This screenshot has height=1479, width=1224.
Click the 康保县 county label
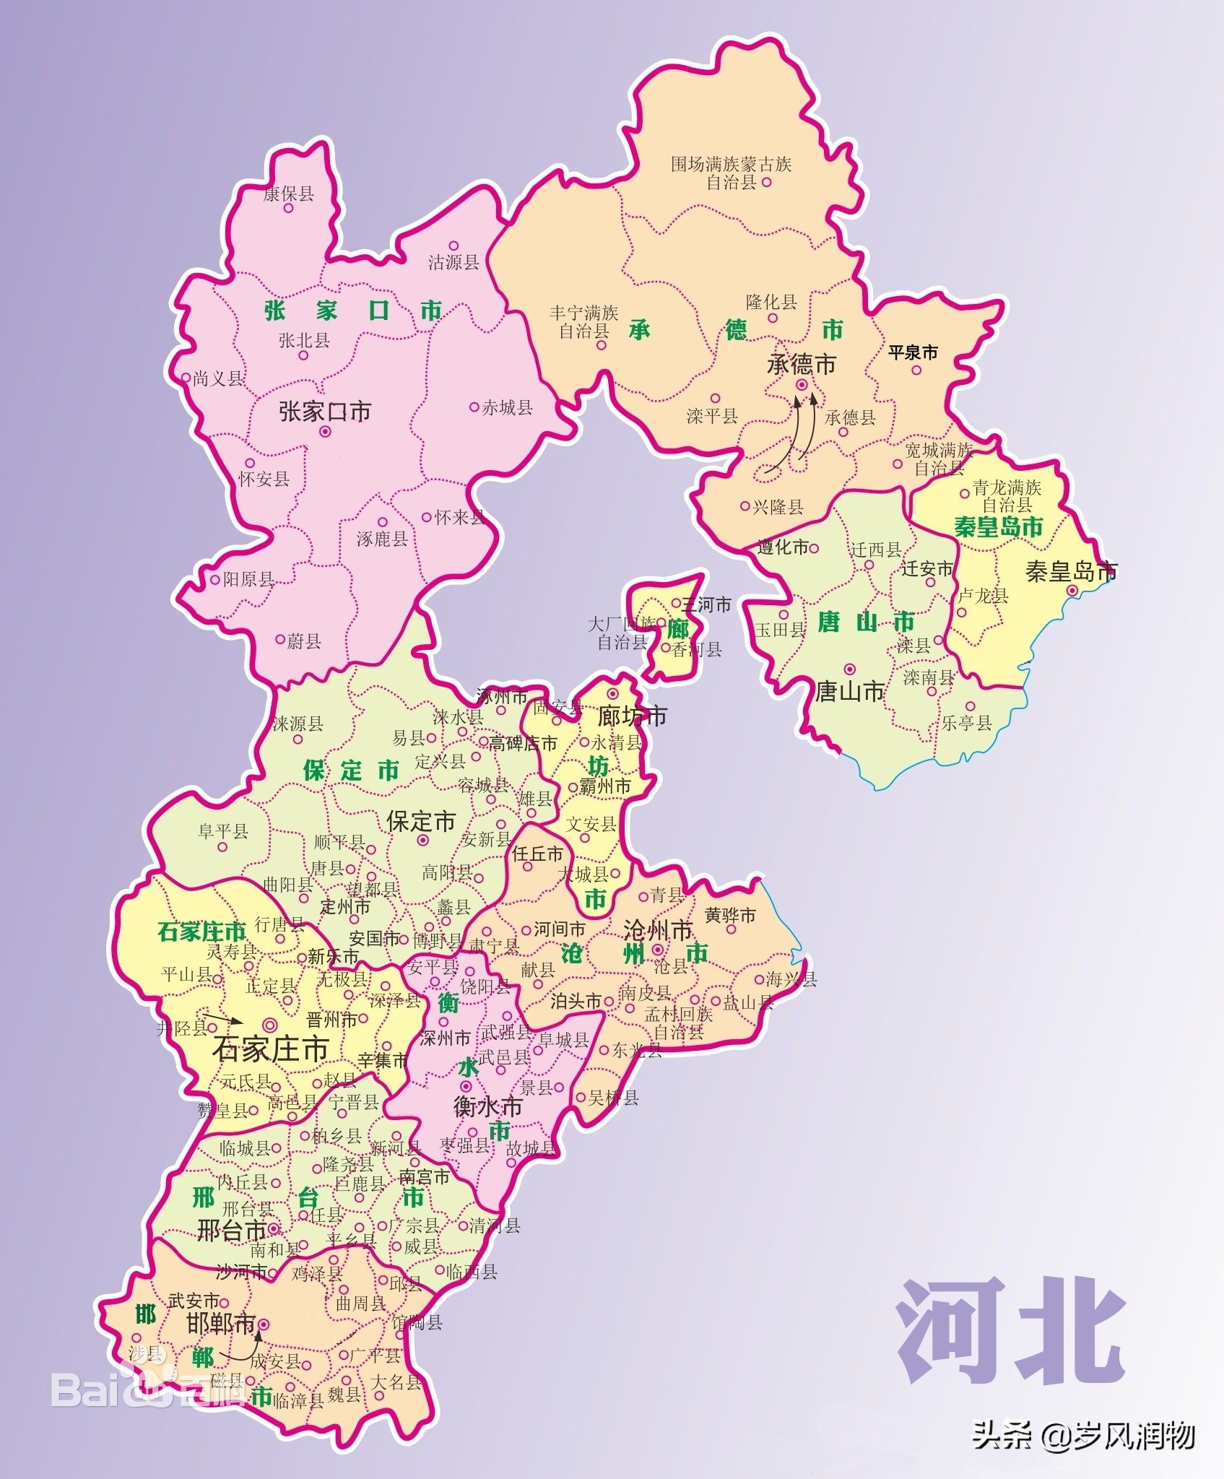(x=288, y=194)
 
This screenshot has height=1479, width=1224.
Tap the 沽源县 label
(x=453, y=262)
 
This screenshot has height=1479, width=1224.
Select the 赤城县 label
(x=507, y=408)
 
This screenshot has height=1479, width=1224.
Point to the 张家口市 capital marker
(x=325, y=432)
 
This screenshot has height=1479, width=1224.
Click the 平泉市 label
(x=913, y=352)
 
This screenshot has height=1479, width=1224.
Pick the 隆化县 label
(x=771, y=302)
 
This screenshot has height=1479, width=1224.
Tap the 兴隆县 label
(x=778, y=507)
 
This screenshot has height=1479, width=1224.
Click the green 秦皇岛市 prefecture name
(x=999, y=527)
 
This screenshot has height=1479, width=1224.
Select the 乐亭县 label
(x=966, y=722)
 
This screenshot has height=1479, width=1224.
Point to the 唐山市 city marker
(x=850, y=669)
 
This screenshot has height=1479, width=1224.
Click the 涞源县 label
(x=298, y=723)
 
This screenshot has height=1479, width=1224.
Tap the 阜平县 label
(x=223, y=831)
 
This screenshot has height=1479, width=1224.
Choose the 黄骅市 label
(x=730, y=915)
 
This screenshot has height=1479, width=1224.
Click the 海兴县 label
(x=791, y=979)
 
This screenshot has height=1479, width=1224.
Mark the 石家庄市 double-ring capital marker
(x=270, y=1023)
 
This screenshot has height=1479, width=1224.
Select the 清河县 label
(x=495, y=1226)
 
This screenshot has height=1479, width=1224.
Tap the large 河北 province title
(x=1011, y=1330)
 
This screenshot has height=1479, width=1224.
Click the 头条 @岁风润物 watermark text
(x=1082, y=1435)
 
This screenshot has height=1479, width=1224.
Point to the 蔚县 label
(x=303, y=641)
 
